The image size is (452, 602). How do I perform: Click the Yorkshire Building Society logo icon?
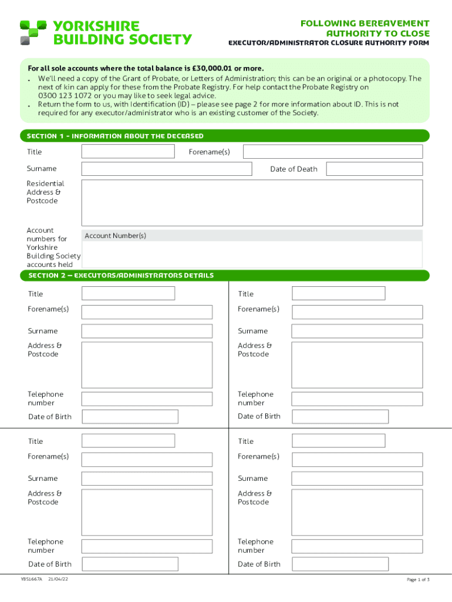33,32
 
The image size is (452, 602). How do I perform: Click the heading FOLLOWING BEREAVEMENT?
365,24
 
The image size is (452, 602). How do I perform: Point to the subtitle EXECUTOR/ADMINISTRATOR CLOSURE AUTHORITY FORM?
328,43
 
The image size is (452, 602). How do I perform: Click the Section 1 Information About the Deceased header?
115,136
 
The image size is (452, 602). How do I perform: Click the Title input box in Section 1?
128,152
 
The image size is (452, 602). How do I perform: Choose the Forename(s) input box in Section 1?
332,152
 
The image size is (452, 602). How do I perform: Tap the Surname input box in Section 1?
166,169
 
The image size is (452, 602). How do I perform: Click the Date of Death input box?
374,169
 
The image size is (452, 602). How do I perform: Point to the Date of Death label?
294,169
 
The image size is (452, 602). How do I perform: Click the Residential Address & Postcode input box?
251,203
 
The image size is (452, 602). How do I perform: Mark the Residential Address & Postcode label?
45,192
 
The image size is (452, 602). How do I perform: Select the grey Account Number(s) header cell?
251,236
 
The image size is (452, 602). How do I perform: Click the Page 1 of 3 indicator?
418,580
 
